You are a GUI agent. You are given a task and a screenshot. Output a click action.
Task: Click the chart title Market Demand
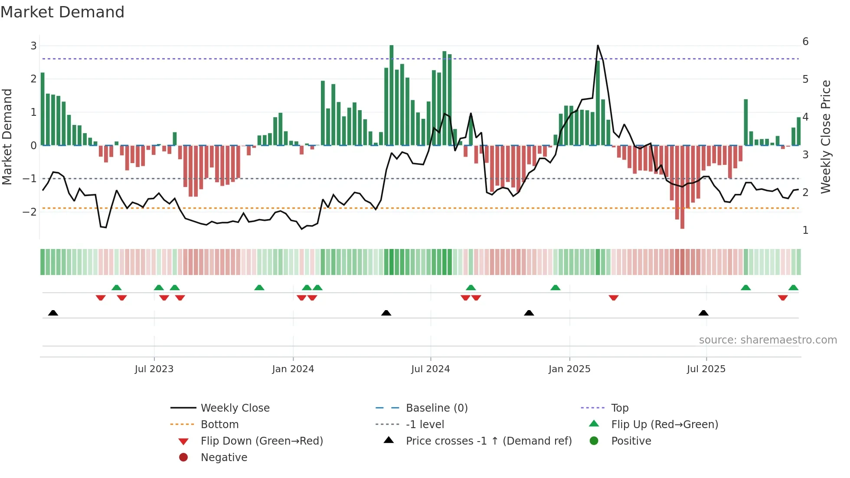(62, 12)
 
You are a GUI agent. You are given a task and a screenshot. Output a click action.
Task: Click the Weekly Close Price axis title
(825, 137)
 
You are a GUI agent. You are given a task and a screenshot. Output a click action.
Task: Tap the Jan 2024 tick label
(293, 369)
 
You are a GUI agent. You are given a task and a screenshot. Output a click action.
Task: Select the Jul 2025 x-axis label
(706, 369)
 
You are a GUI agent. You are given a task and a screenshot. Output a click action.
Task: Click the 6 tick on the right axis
(805, 42)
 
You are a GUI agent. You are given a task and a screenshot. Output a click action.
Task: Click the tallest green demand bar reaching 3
(391, 95)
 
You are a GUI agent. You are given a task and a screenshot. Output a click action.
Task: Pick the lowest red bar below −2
(682, 187)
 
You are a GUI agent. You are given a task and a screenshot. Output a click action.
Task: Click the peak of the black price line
(598, 46)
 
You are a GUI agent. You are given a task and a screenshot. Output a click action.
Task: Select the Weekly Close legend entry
(235, 408)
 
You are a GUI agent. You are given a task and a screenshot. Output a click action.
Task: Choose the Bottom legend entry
(219, 425)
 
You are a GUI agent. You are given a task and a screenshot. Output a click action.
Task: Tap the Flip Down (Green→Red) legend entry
(262, 441)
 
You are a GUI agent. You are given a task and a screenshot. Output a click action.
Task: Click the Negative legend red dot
(183, 458)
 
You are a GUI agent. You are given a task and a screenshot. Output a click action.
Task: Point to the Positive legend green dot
(594, 441)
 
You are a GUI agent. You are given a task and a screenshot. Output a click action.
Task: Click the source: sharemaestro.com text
(768, 340)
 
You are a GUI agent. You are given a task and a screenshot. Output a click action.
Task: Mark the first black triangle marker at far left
(53, 313)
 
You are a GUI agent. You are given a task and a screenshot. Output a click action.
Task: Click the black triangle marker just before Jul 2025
(703, 313)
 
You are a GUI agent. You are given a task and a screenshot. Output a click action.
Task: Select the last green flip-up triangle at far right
(793, 288)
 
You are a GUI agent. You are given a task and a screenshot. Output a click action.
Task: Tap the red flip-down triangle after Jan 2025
(613, 298)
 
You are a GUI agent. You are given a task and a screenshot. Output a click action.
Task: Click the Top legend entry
(619, 408)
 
